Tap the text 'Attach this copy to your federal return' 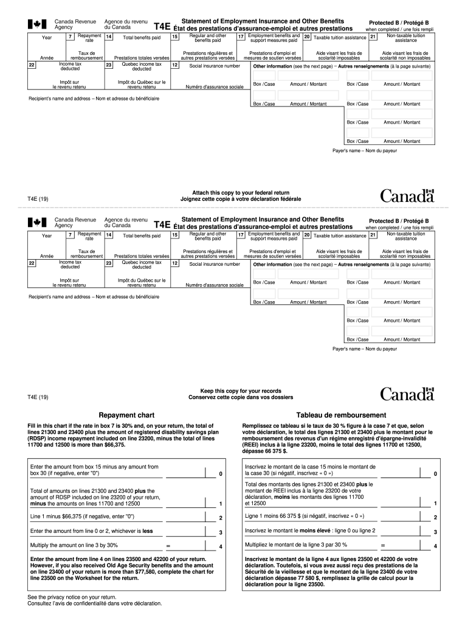coord(241,193)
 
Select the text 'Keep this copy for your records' coord(241,391)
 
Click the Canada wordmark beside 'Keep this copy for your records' coord(407,394)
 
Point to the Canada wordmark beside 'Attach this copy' coord(407,196)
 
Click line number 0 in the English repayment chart coord(221,473)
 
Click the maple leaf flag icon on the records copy coord(37,223)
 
